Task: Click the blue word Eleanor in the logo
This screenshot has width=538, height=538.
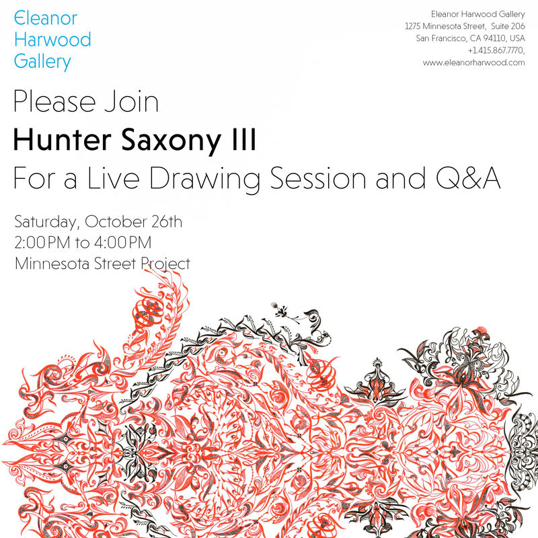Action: point(45,18)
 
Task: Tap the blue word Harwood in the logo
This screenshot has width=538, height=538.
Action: point(52,40)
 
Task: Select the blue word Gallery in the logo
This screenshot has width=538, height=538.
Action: point(42,62)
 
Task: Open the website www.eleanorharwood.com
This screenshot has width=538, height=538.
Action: point(473,62)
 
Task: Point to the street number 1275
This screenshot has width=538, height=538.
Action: point(414,26)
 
